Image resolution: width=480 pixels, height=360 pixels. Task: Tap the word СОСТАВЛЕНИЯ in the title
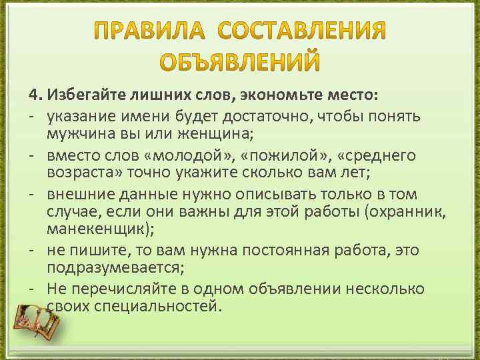302,31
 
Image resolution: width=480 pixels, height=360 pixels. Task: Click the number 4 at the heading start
32,90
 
